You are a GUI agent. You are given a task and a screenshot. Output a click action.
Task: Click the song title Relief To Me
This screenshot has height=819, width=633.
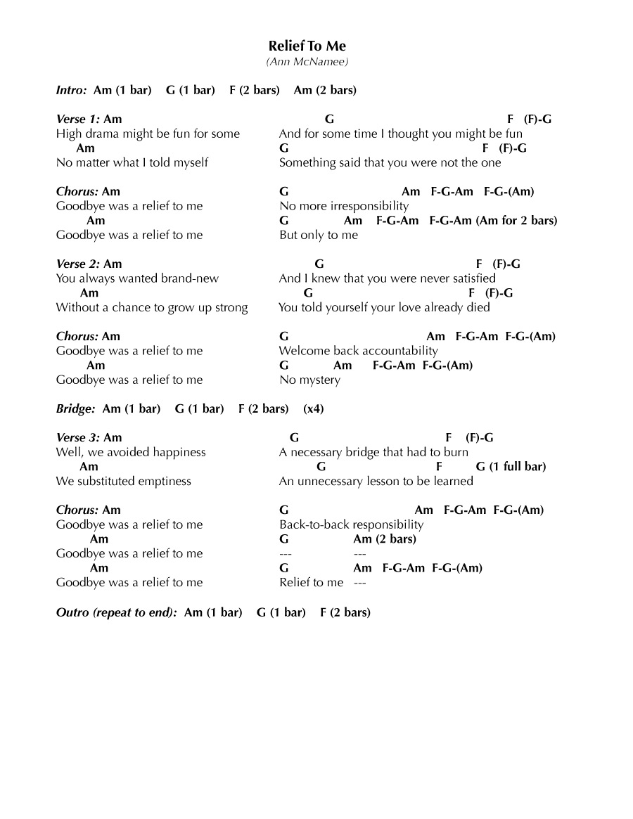click(x=307, y=46)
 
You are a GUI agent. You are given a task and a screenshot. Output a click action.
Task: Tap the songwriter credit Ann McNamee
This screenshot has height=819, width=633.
click(x=307, y=62)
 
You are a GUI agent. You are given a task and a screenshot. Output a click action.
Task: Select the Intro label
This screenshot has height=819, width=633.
click(x=72, y=90)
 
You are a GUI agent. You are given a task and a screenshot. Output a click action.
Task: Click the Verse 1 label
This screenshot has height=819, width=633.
click(x=77, y=119)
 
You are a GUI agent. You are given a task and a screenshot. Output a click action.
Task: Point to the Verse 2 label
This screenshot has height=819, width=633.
click(x=77, y=264)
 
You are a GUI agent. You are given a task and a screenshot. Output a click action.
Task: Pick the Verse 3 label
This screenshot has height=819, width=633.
click(x=77, y=437)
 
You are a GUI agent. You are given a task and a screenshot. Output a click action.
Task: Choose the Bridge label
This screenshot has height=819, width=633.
click(x=75, y=408)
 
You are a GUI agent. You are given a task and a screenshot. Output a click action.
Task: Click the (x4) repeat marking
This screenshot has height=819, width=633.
click(x=314, y=408)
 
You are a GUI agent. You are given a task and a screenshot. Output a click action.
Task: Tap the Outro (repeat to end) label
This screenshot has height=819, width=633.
click(x=117, y=612)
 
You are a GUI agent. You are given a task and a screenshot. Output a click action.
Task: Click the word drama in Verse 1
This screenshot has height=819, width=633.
click(x=108, y=134)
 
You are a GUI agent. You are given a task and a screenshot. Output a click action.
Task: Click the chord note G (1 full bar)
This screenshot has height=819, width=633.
click(x=511, y=466)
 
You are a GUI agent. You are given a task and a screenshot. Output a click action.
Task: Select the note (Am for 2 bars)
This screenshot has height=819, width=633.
click(x=516, y=220)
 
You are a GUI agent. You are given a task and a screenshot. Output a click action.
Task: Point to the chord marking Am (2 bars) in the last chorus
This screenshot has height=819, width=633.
click(x=385, y=539)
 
